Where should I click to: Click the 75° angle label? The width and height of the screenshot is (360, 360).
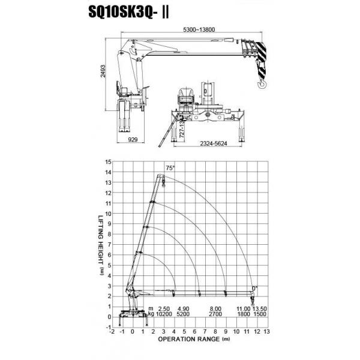click(x=170, y=167)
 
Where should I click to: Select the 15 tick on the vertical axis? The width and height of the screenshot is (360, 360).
click(x=108, y=162)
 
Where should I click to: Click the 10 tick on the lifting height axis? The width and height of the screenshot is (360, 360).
click(x=108, y=214)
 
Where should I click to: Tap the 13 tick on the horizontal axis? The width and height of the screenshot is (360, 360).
click(x=266, y=331)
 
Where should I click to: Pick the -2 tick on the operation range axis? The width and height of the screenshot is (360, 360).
click(x=112, y=331)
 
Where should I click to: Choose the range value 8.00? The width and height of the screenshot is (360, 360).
click(x=215, y=308)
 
